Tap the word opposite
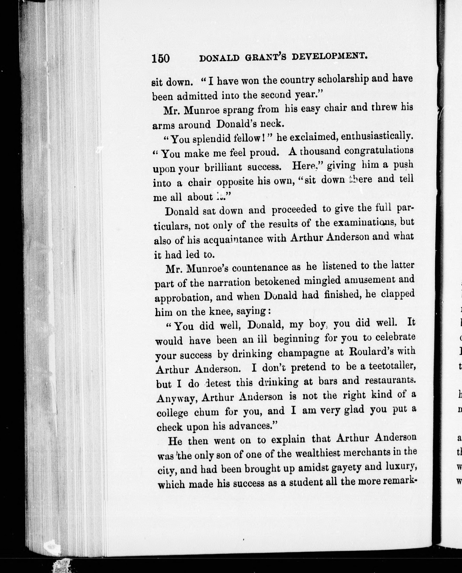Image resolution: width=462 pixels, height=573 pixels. pos(235,182)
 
